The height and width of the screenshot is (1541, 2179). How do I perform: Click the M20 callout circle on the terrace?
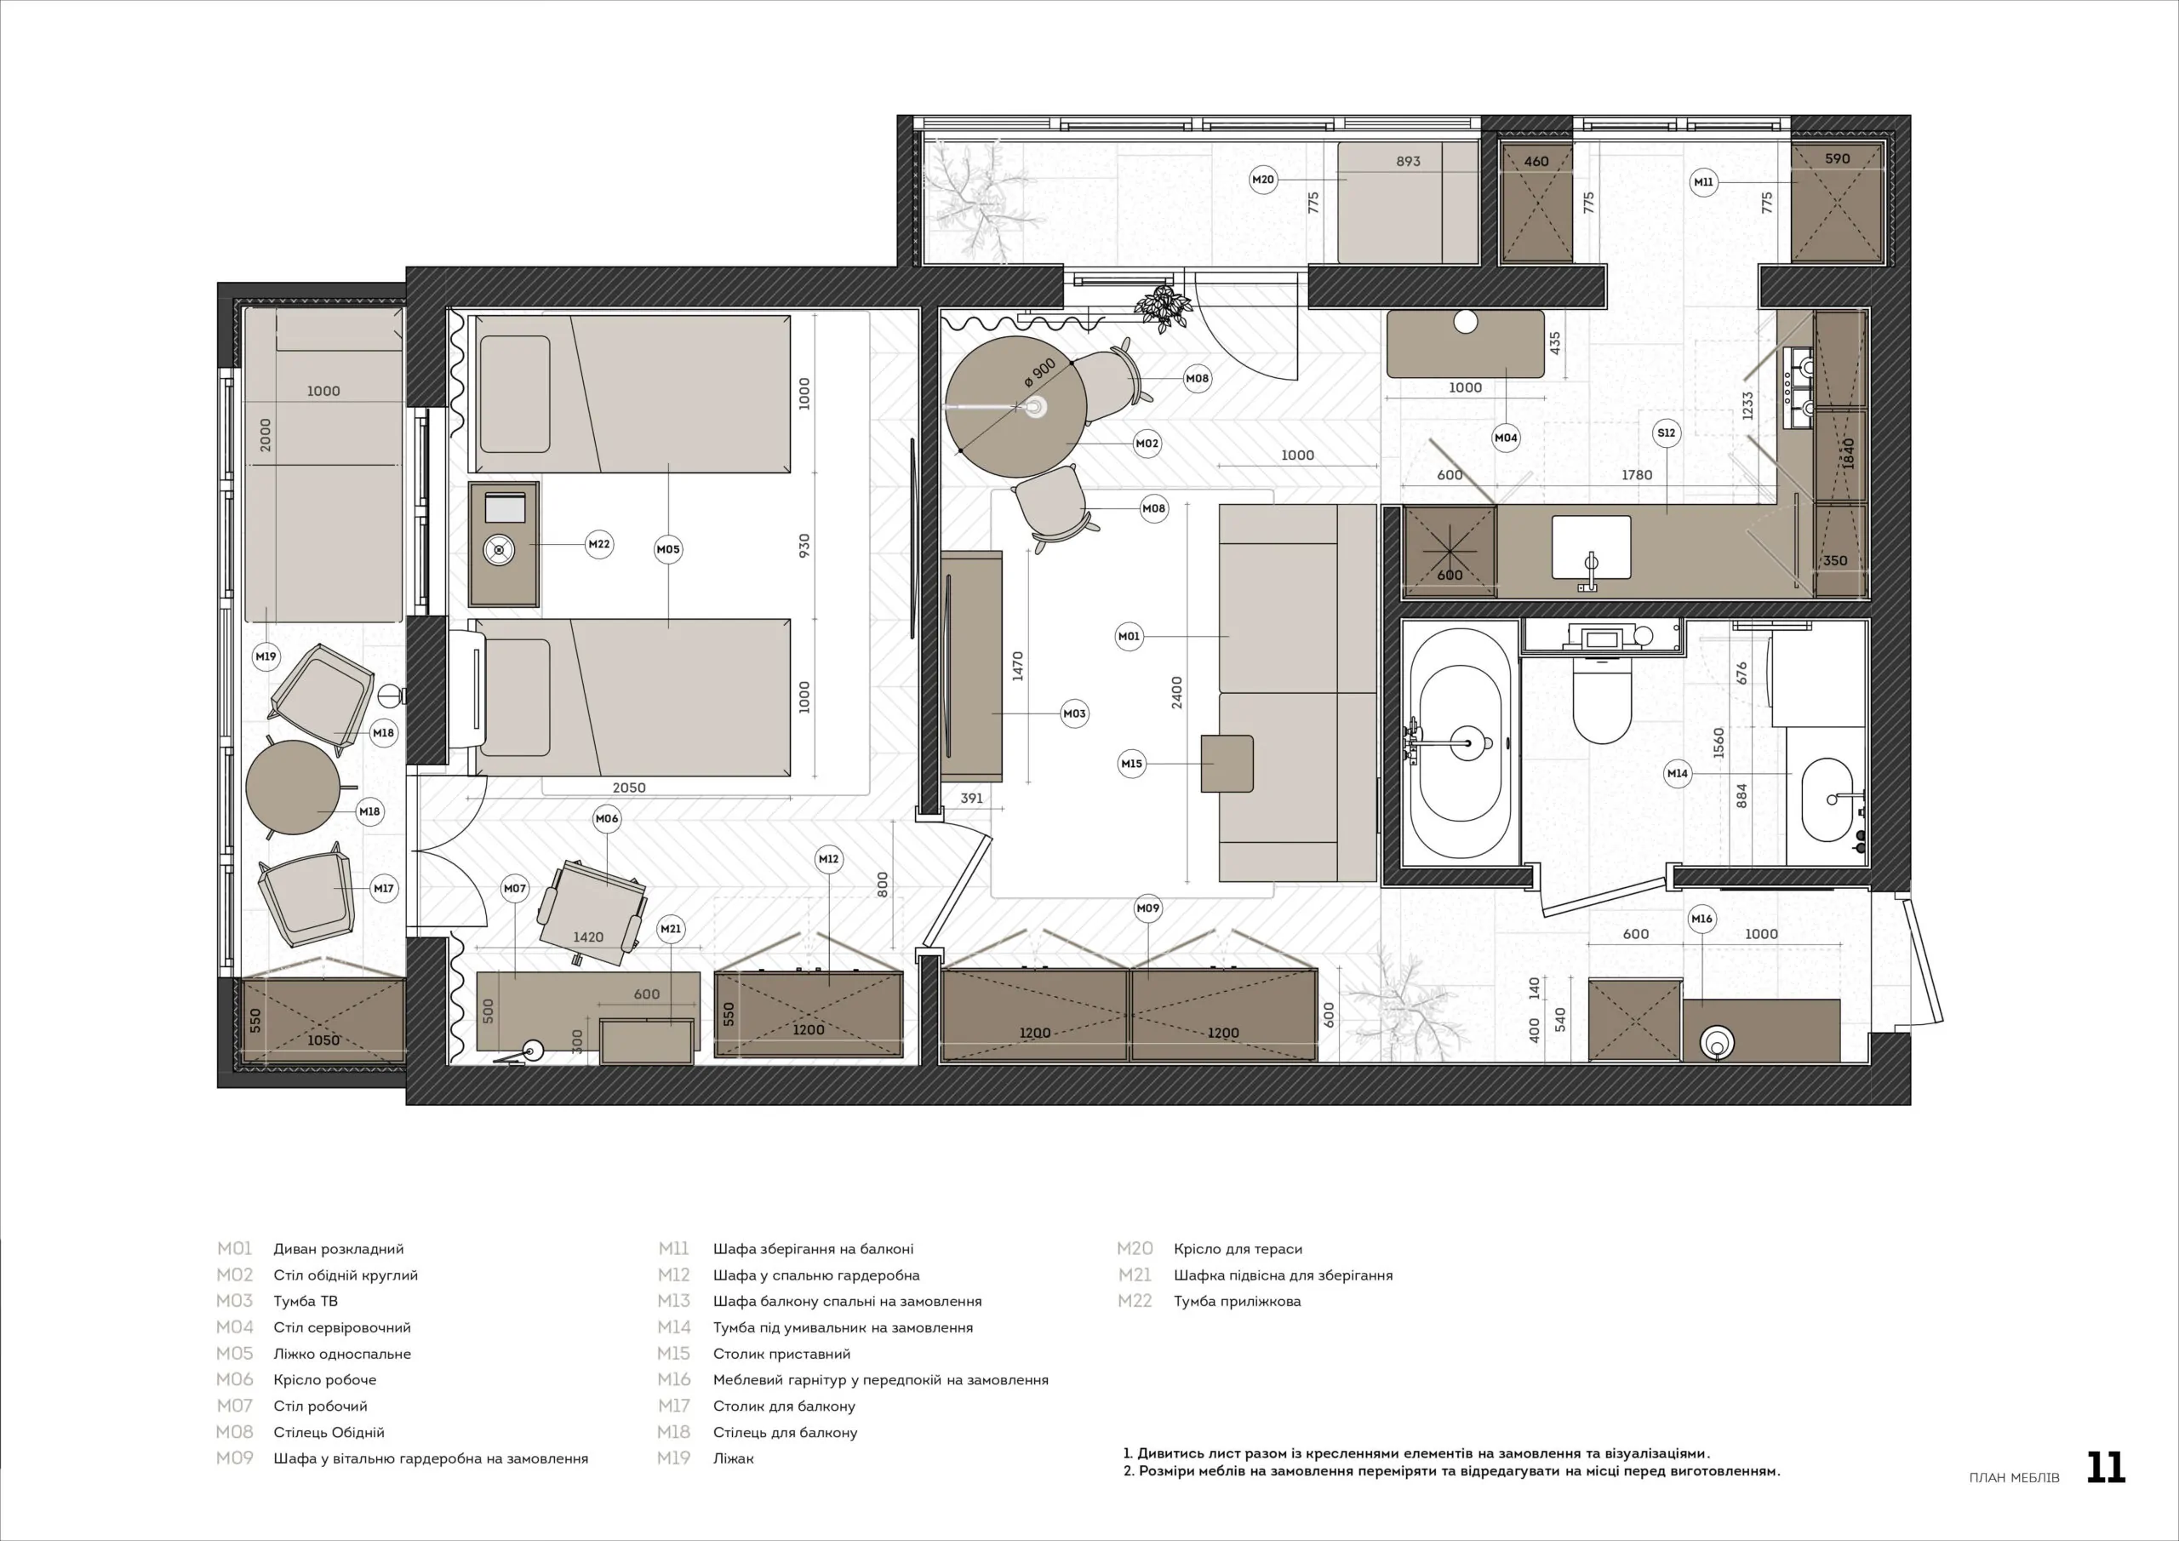(x=1263, y=180)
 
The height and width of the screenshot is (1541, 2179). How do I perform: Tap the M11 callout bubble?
(x=1703, y=181)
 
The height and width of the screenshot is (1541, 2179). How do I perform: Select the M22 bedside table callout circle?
(x=599, y=544)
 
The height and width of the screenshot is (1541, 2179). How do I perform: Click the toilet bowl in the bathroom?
(x=1602, y=702)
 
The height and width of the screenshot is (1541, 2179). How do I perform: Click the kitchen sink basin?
(x=1591, y=547)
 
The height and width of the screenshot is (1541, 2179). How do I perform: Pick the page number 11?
(x=2106, y=1468)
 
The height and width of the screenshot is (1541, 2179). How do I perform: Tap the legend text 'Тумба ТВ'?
(x=306, y=1301)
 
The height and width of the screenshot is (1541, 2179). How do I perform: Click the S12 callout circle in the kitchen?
(x=1667, y=433)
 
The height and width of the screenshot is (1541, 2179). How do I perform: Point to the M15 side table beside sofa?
(x=1227, y=764)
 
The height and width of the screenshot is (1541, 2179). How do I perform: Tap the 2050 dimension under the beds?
(x=629, y=788)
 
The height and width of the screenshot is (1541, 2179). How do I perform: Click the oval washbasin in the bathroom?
(x=1827, y=799)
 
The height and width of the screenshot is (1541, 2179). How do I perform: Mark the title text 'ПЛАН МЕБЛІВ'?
(x=2013, y=1477)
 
